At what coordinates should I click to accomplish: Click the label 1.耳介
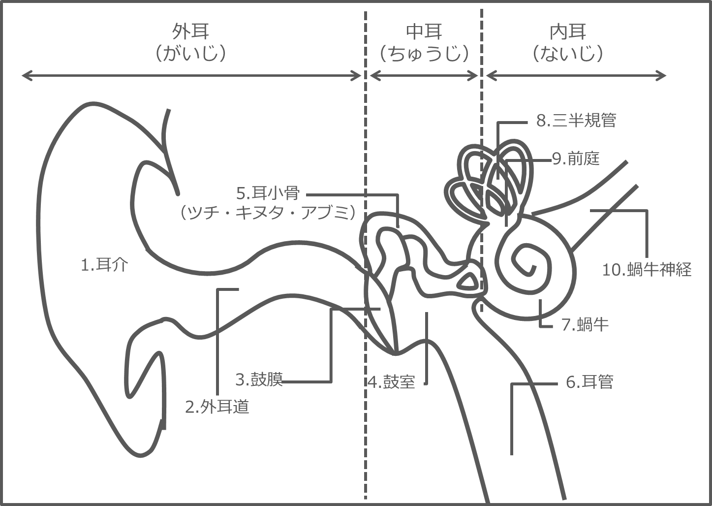(x=104, y=265)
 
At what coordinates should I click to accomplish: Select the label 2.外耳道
(x=217, y=407)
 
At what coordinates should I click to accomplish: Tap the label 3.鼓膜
(x=259, y=380)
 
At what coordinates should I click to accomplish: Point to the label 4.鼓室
(x=392, y=382)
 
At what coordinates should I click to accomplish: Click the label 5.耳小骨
(x=268, y=193)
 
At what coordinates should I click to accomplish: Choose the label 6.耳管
(x=589, y=382)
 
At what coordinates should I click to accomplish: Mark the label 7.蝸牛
(x=585, y=324)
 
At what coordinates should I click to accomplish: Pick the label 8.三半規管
(x=576, y=121)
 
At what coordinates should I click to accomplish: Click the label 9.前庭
(x=576, y=158)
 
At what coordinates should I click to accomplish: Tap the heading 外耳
(x=190, y=32)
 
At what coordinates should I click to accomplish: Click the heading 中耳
(x=424, y=32)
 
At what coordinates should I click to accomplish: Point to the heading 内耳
(x=568, y=32)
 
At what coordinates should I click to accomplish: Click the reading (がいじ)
(x=190, y=53)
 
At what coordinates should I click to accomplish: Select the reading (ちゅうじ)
(x=424, y=53)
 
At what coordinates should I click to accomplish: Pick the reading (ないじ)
(x=568, y=53)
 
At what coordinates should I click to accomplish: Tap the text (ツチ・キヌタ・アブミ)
(x=268, y=213)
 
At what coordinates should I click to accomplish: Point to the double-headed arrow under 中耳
(x=424, y=75)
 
